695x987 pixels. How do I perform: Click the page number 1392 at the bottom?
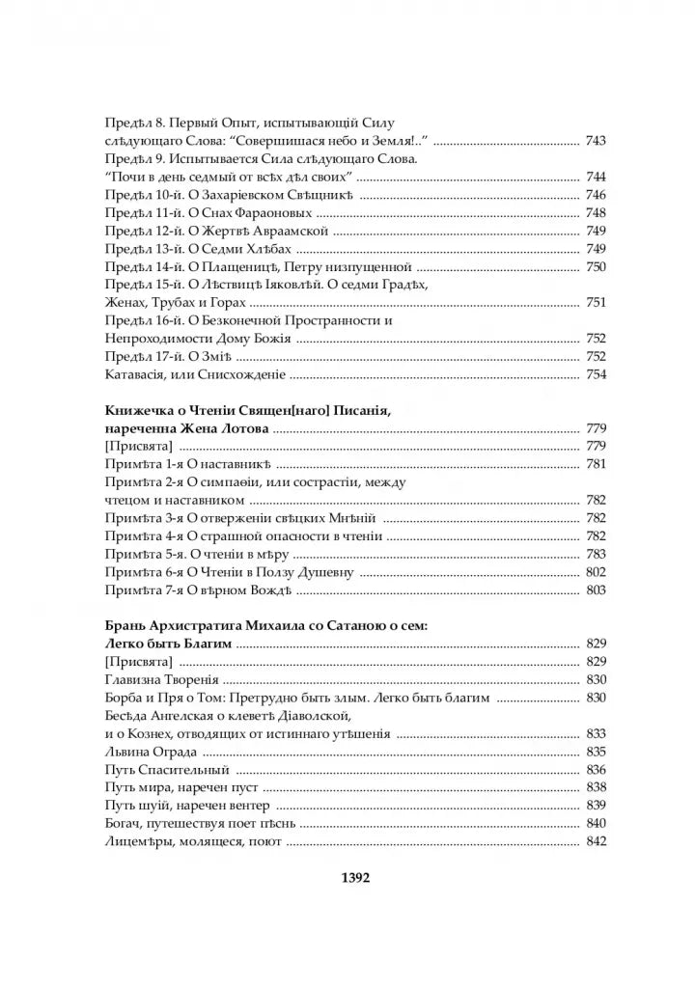(349, 879)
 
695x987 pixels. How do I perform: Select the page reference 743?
(595, 142)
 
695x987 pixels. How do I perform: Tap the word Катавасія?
(135, 374)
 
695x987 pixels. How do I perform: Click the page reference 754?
(595, 374)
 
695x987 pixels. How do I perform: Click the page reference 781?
(595, 466)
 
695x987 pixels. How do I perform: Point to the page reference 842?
(595, 842)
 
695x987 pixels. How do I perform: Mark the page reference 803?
(595, 589)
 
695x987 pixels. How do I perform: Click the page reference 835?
(595, 752)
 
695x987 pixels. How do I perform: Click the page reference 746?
(595, 195)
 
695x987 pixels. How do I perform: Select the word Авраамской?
(291, 231)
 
